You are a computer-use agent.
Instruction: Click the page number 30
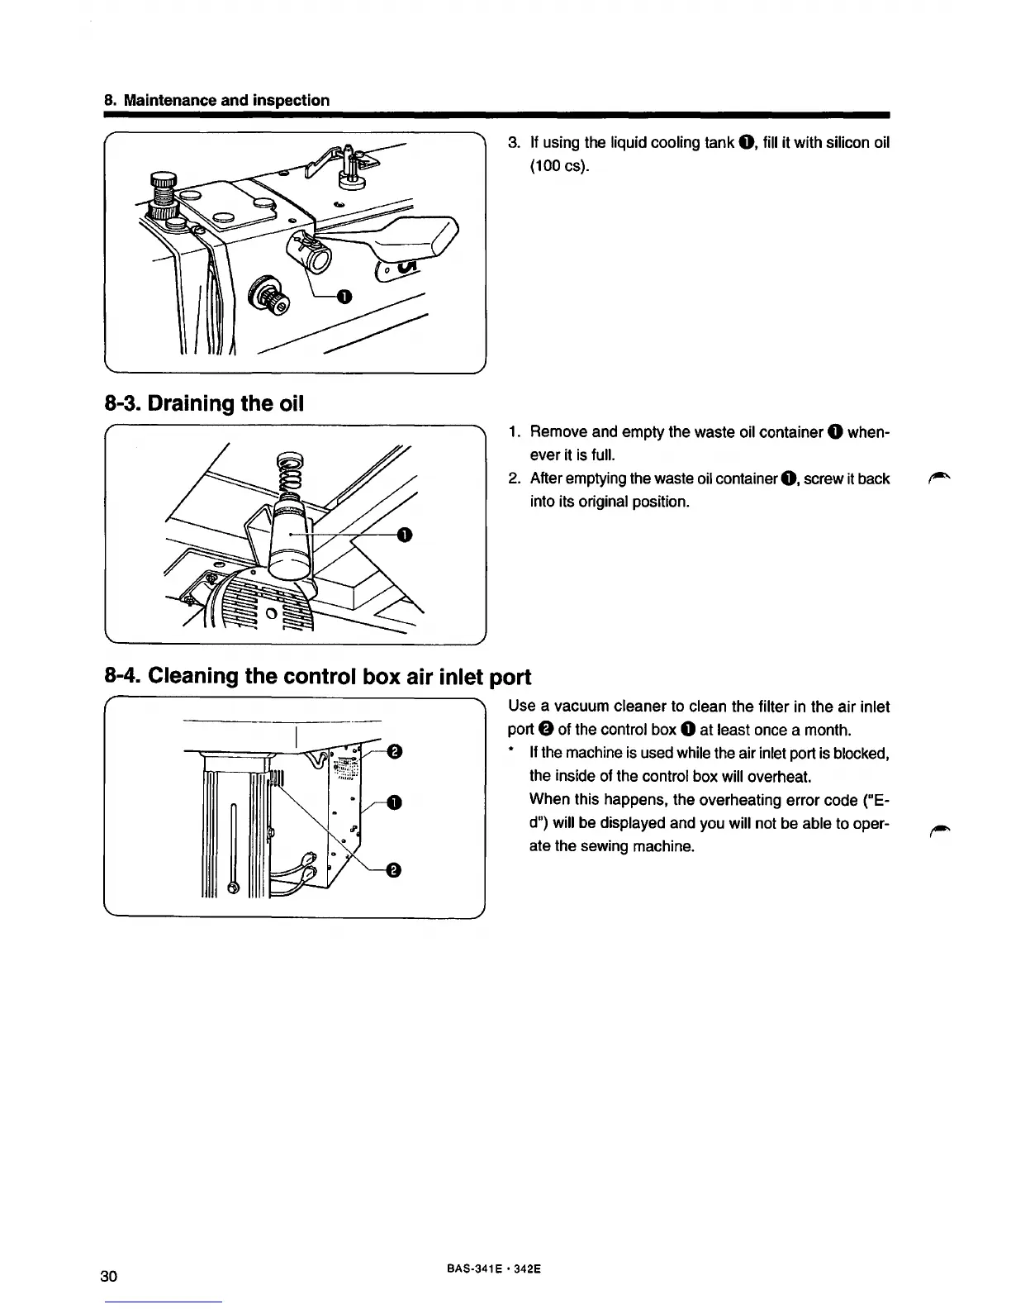109,1276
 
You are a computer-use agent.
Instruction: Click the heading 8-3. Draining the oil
205,404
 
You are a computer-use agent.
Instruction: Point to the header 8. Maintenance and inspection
216,100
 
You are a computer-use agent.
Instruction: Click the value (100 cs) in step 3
559,166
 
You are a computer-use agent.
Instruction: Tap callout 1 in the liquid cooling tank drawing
344,295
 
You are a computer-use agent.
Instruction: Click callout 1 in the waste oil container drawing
404,535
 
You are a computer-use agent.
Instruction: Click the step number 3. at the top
513,143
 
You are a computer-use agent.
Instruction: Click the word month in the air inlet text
828,730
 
